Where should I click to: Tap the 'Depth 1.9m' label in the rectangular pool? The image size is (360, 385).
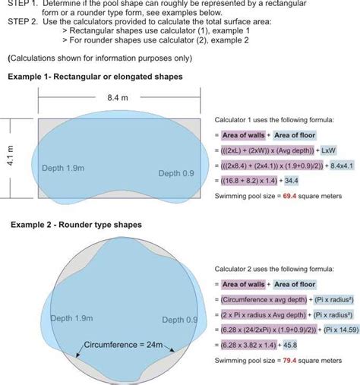(x=64, y=169)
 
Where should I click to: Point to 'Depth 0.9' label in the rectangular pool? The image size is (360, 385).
(x=176, y=174)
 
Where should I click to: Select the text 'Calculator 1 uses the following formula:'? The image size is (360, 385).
(x=274, y=119)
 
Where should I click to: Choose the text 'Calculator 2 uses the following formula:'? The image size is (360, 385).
(x=274, y=269)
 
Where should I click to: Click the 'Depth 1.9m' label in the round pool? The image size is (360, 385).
(x=72, y=318)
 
